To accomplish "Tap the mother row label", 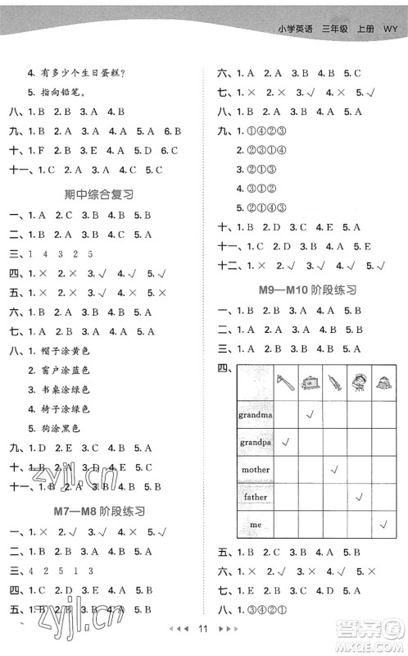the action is click(256, 469).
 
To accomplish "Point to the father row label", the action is click(256, 496).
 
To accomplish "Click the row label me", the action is click(256, 524).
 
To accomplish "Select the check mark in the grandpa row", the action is click(286, 442).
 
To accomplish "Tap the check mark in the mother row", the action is click(333, 469).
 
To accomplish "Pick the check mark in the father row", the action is click(358, 496).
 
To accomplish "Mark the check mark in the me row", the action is click(383, 524).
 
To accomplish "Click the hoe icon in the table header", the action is click(286, 381).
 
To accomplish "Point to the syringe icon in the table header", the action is click(333, 381).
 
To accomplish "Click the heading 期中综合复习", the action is click(98, 194).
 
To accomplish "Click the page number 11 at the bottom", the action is click(204, 629).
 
